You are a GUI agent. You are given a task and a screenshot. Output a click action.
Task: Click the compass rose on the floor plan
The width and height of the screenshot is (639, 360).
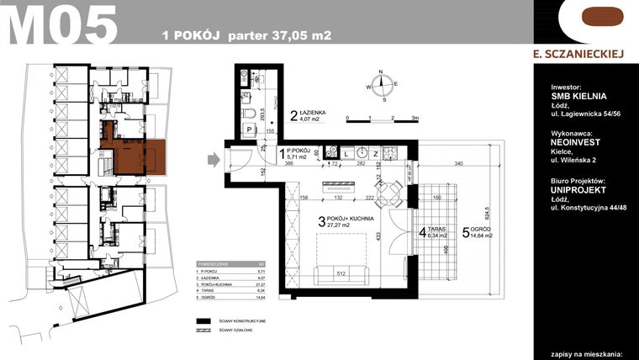pos(383,83)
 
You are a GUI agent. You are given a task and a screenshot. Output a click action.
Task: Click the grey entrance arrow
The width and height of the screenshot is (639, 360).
pos(214,158)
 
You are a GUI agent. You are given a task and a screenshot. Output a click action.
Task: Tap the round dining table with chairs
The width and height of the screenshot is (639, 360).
pos(386,194)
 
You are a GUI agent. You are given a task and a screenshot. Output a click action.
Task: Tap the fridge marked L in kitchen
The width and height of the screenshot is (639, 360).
pos(346,154)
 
